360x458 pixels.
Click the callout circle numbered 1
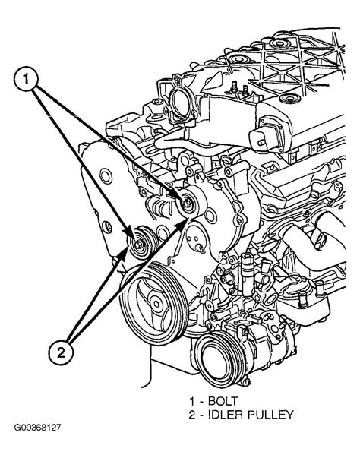[x=26, y=79]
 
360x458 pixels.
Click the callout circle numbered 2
[x=61, y=353]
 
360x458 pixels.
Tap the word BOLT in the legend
[x=223, y=401]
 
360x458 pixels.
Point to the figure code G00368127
[x=38, y=428]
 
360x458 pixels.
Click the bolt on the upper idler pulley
[x=187, y=203]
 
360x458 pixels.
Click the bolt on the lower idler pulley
[x=138, y=244]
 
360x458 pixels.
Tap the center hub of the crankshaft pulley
[x=156, y=304]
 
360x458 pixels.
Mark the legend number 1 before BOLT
[x=192, y=401]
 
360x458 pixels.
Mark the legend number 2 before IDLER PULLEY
[x=192, y=415]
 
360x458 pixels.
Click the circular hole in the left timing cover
[x=106, y=176]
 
